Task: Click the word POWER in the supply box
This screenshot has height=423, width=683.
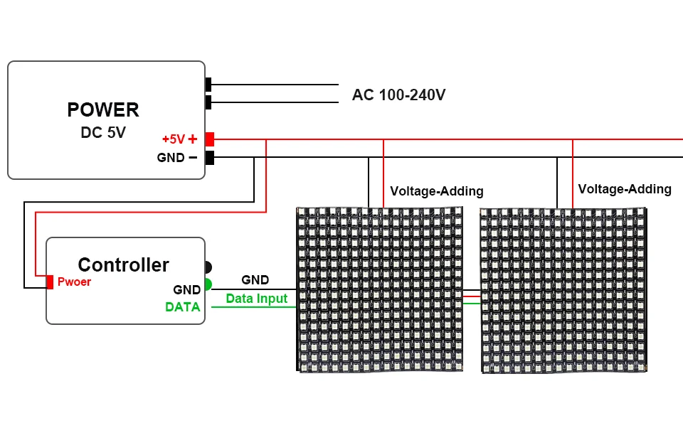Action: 103,109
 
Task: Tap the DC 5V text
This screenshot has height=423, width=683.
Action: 103,132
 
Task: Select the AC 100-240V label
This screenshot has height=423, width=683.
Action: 398,95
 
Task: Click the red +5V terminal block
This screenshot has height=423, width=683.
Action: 209,139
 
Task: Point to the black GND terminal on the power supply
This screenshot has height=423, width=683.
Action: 209,158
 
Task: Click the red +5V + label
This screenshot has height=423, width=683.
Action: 179,139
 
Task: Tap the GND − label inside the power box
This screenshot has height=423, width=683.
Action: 177,158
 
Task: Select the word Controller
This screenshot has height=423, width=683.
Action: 123,264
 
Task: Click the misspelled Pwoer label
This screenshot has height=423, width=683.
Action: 74,282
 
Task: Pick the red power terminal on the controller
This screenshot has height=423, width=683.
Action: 50,282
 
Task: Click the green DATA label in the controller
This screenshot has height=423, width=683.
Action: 183,307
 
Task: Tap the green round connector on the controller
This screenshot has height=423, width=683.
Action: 208,284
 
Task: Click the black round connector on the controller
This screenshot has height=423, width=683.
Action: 208,267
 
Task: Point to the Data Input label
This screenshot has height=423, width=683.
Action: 257,299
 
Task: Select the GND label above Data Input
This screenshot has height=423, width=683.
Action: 255,280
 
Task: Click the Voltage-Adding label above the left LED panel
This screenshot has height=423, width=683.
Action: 437,191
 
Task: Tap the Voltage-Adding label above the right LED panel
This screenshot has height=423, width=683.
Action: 625,189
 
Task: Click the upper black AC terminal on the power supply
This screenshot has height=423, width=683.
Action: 208,85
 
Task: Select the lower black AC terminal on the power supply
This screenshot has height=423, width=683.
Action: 208,102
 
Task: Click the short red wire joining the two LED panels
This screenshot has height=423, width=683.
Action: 471,296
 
